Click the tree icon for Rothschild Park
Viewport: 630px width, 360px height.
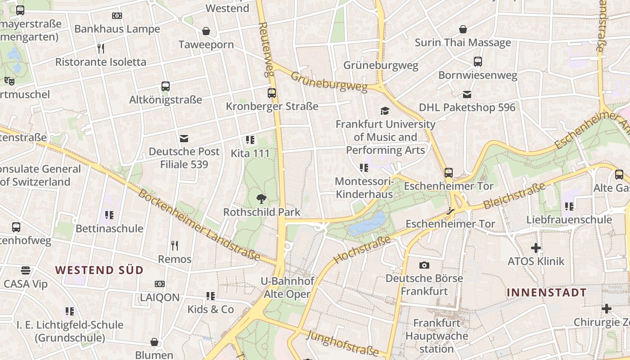tap(261, 198)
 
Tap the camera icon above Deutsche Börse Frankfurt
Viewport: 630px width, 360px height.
tap(424, 265)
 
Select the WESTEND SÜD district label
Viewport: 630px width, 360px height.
tap(99, 270)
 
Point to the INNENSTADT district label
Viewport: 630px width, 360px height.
tap(546, 292)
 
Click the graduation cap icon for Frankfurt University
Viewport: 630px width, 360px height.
tap(385, 111)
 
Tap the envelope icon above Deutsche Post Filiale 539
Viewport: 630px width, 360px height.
tap(184, 139)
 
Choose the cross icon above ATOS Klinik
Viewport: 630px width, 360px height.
tap(535, 248)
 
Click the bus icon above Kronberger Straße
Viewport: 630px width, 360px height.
tap(272, 93)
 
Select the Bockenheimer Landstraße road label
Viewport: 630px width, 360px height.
tap(198, 225)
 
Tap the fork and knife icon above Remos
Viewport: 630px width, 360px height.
tap(175, 246)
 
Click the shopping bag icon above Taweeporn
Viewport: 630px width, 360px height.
tap(206, 31)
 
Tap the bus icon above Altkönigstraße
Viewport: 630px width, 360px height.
tap(166, 86)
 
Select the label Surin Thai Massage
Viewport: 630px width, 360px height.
tap(463, 43)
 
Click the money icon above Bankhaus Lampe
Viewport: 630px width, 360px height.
tap(117, 16)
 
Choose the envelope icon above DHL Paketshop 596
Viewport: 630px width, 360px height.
tap(467, 94)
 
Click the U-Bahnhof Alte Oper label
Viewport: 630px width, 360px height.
tap(287, 288)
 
